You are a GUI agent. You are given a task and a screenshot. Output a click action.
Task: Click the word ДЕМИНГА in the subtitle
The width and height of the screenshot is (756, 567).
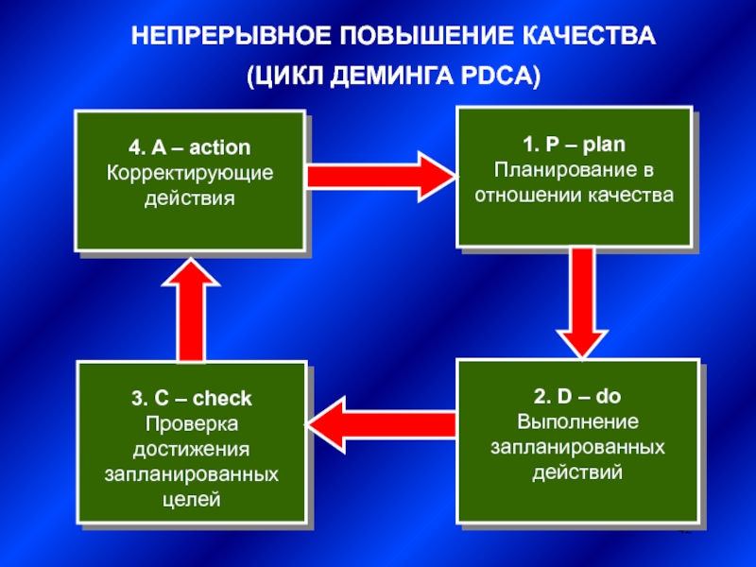click(391, 77)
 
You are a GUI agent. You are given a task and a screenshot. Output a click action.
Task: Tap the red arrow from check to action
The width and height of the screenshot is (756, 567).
click(191, 307)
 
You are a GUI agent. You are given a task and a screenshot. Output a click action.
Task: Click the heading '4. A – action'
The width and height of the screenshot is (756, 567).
click(189, 148)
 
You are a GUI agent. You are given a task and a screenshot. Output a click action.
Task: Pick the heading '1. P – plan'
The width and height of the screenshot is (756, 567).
click(574, 146)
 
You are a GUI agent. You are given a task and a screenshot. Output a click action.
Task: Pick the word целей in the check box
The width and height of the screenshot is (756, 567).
click(191, 498)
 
